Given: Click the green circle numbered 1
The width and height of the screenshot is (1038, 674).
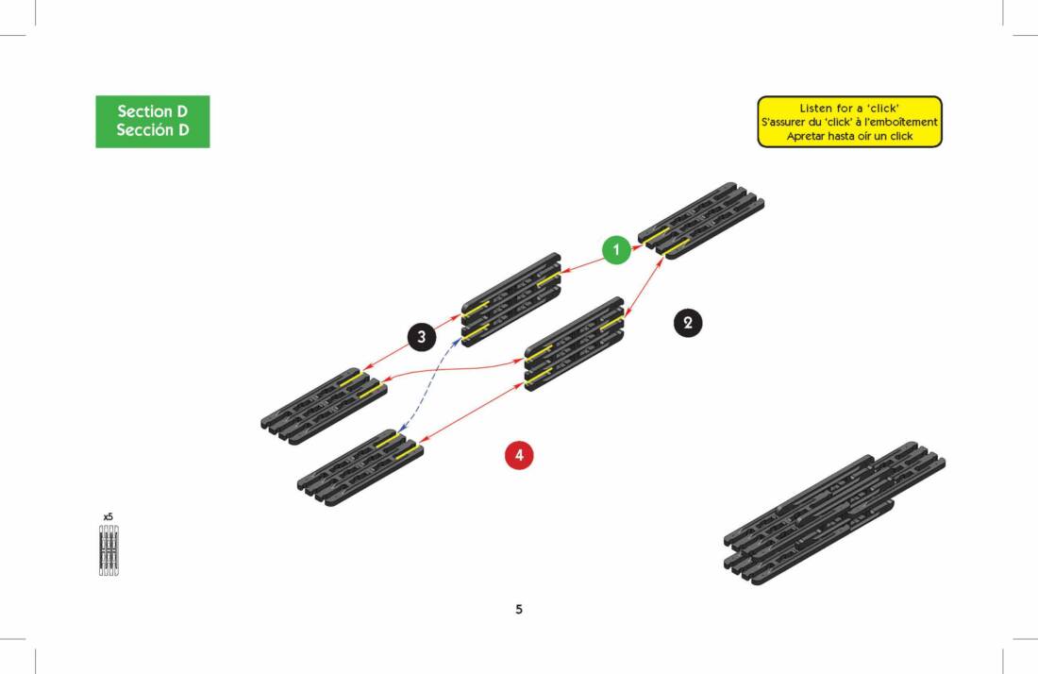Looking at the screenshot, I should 616,250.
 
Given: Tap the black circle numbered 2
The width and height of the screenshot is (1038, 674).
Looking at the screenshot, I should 688,324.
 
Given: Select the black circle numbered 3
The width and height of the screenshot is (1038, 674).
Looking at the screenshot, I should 422,335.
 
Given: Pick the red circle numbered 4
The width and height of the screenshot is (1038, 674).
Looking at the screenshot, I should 519,455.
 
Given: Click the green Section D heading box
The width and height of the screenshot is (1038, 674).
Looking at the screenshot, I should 152,121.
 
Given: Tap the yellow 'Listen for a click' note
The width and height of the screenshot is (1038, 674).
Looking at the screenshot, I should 849,122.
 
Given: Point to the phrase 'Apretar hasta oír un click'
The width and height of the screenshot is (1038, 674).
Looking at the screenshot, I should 849,136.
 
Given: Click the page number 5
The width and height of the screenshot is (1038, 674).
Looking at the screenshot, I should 519,609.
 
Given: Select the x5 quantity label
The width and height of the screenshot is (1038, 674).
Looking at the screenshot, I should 109,517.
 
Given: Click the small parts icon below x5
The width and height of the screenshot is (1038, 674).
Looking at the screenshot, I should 109,550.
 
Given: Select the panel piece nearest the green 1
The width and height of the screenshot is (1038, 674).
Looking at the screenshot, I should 700,220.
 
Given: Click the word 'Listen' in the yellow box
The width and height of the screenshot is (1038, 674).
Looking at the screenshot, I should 815,109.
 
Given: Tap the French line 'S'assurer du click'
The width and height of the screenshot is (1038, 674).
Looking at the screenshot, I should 849,122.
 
